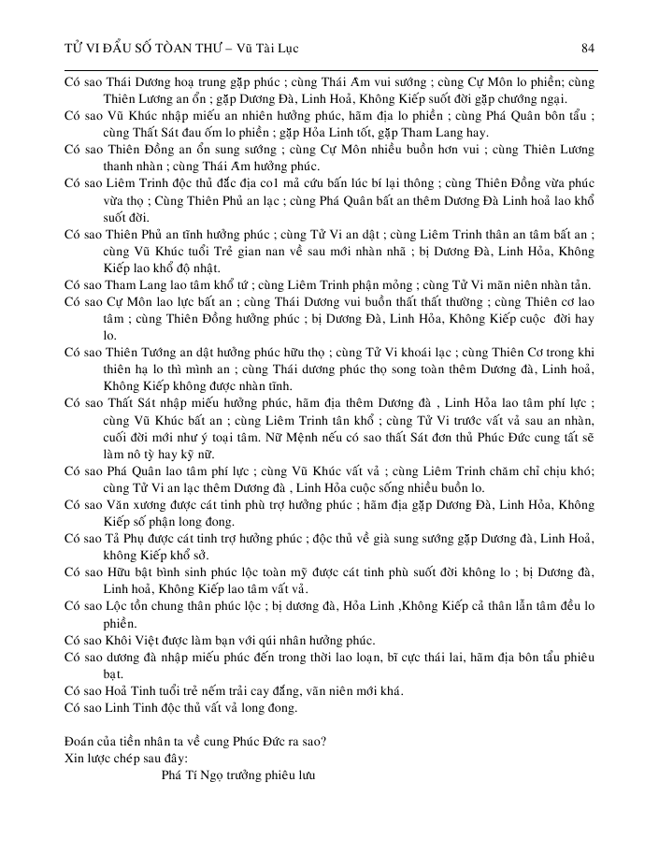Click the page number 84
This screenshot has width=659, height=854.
tap(588, 48)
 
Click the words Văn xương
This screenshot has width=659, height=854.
tap(127, 504)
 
